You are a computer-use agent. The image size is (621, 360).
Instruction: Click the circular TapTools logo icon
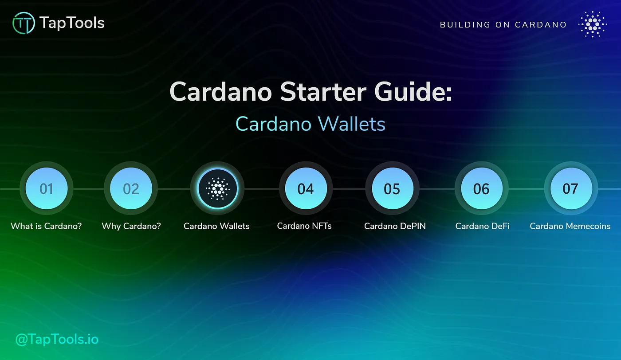tap(24, 23)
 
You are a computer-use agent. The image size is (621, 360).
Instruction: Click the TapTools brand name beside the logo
tap(72, 23)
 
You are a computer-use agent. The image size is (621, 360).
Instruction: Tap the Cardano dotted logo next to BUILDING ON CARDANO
tap(593, 24)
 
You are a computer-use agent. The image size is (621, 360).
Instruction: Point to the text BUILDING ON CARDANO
tap(503, 25)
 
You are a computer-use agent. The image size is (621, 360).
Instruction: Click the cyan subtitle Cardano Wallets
tap(310, 124)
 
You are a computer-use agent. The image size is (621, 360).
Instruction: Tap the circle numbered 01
tap(47, 189)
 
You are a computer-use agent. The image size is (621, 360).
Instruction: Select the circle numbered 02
tap(131, 189)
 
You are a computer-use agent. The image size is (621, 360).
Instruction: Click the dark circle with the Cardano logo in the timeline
tap(217, 189)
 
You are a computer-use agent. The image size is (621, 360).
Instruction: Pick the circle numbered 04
tap(306, 189)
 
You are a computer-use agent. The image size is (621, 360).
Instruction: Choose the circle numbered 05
tap(392, 189)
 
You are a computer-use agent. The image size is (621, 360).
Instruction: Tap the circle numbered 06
tap(481, 189)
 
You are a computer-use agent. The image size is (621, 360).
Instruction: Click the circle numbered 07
tap(570, 189)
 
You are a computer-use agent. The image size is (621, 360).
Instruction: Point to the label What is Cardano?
tap(46, 226)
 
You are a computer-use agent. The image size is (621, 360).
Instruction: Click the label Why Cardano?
tap(131, 226)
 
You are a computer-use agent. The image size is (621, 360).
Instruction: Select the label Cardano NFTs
tap(304, 226)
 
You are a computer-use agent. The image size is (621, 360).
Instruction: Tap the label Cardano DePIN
tap(395, 226)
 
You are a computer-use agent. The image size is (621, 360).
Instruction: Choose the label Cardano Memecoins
tap(570, 226)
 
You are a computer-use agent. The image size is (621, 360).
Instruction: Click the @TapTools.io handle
tap(57, 340)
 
